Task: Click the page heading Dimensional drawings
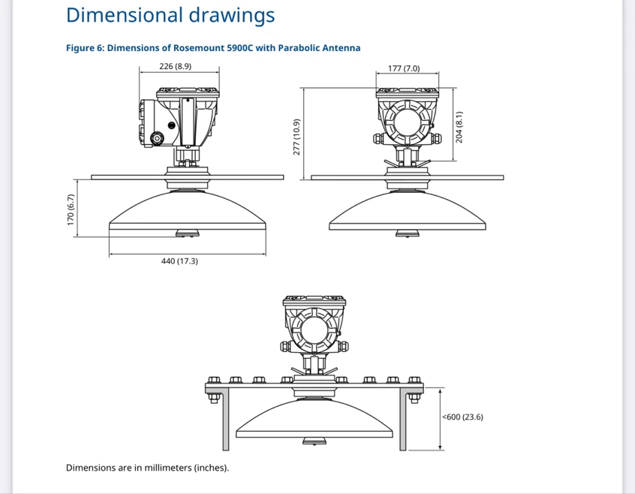pyautogui.click(x=170, y=15)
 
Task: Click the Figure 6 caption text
pyautogui.click(x=213, y=48)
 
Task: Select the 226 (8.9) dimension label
pyautogui.click(x=176, y=66)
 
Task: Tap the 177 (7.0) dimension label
pyautogui.click(x=404, y=68)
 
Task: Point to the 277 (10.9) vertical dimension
pyautogui.click(x=296, y=137)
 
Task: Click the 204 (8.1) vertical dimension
pyautogui.click(x=459, y=127)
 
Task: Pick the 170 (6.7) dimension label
pyautogui.click(x=71, y=209)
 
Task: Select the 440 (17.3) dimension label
pyautogui.click(x=179, y=261)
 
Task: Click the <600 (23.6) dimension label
pyautogui.click(x=462, y=417)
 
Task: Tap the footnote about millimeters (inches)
pyautogui.click(x=147, y=468)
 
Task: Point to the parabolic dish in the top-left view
pyautogui.click(x=188, y=210)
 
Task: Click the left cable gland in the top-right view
pyautogui.click(x=378, y=139)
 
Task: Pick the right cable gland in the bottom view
pyautogui.click(x=343, y=347)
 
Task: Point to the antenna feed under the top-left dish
pyautogui.click(x=188, y=233)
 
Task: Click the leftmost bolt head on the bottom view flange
pyautogui.click(x=214, y=380)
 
